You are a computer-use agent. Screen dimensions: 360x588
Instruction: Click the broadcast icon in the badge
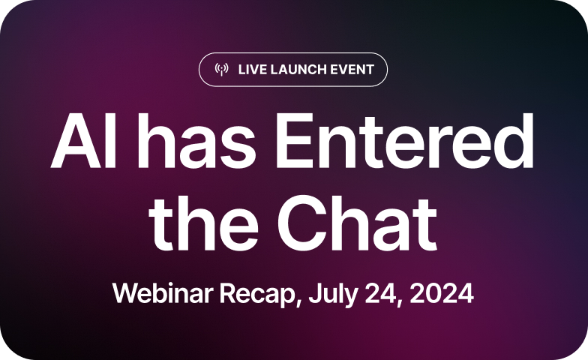tap(221, 70)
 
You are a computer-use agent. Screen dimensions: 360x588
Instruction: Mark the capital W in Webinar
tap(124, 292)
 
